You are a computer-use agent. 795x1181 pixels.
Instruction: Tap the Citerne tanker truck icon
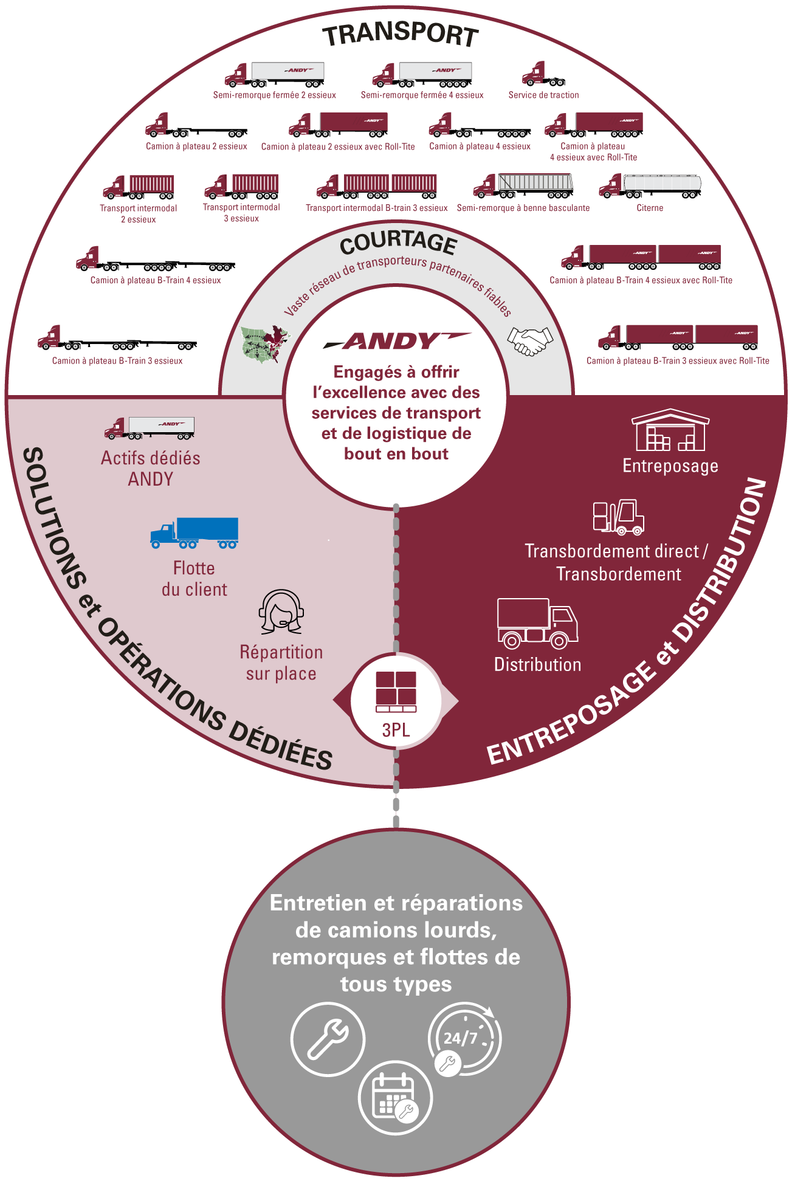pyautogui.click(x=650, y=186)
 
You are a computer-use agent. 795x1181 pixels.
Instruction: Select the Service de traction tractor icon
pyautogui.click(x=543, y=74)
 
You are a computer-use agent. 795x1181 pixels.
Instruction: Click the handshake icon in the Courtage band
pyautogui.click(x=530, y=340)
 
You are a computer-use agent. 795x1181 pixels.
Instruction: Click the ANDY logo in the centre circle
pyautogui.click(x=397, y=341)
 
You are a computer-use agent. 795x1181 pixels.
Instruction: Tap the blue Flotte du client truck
pyautogui.click(x=194, y=533)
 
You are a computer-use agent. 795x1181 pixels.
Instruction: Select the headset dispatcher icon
pyautogui.click(x=281, y=611)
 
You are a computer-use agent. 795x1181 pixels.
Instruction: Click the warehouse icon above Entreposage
pyautogui.click(x=670, y=430)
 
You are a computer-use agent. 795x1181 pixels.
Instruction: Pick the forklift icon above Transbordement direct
pyautogui.click(x=619, y=517)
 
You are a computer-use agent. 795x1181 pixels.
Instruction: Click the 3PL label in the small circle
pyautogui.click(x=396, y=730)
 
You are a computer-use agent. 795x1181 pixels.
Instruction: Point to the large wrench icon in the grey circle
pyautogui.click(x=328, y=1039)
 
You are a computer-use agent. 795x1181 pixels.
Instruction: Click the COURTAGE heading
pyautogui.click(x=398, y=243)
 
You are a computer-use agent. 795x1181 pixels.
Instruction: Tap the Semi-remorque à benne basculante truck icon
pyautogui.click(x=523, y=186)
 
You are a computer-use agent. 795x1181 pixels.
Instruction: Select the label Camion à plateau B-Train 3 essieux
pyautogui.click(x=117, y=361)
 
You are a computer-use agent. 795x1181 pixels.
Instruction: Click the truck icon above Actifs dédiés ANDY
pyautogui.click(x=149, y=428)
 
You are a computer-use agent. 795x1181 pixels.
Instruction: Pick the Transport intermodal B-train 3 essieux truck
pyautogui.click(x=377, y=186)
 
